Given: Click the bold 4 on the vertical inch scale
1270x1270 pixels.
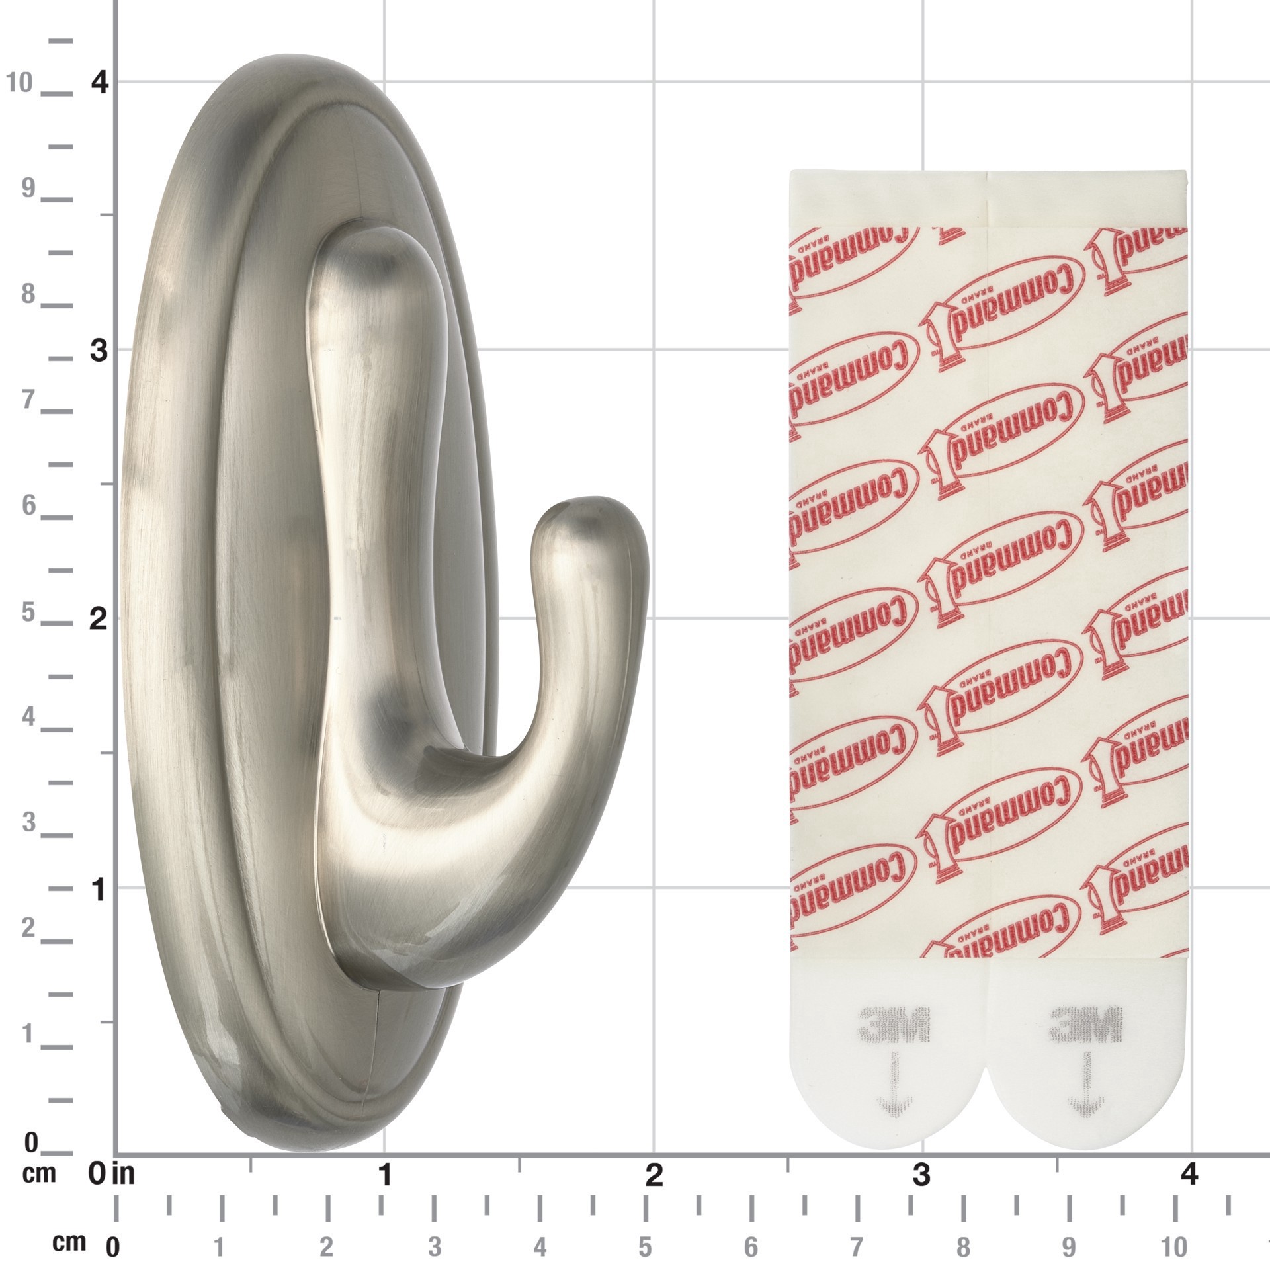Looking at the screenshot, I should (x=100, y=83).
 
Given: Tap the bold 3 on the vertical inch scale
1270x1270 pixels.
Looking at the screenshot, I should (x=99, y=351).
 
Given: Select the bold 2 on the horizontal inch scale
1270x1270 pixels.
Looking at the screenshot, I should (x=654, y=1175).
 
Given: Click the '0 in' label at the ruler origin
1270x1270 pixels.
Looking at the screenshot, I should (x=112, y=1175).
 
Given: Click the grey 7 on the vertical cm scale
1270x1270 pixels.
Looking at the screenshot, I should (x=28, y=400).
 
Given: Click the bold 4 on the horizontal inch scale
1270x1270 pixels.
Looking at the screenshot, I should (x=1190, y=1175).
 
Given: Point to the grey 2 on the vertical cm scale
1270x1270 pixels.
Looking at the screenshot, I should (x=28, y=929).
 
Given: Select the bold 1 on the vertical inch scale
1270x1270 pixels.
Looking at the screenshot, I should (x=99, y=891).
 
